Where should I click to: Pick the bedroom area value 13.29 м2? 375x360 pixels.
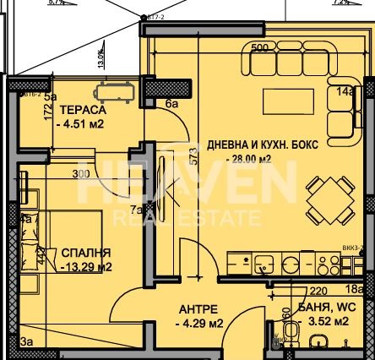coord(88,267)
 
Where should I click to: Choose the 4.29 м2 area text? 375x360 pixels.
coord(198,323)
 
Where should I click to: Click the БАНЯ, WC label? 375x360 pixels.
coord(324,308)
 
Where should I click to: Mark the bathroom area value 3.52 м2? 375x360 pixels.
coord(324,322)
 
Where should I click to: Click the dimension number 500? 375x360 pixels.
coord(258,47)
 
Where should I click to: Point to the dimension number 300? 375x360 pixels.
coord(81,174)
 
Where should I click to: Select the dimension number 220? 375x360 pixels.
coord(307,291)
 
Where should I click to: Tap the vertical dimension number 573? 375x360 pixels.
coord(193,156)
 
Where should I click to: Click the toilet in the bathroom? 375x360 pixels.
coord(318,343)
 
